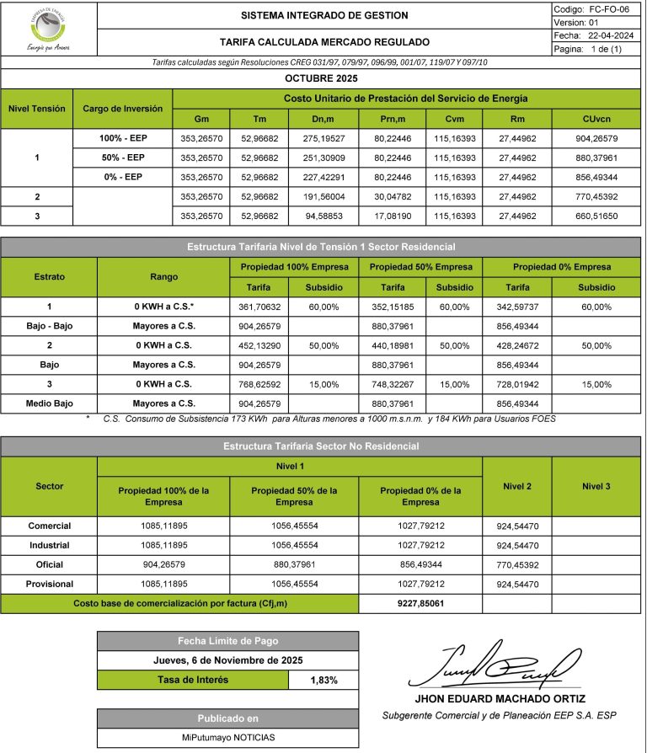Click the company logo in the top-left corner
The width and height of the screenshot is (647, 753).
(x=49, y=28)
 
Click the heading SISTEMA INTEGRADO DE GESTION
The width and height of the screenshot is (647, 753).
(x=324, y=15)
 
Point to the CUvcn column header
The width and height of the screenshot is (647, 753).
(x=597, y=118)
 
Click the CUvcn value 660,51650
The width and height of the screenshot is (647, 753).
(x=597, y=216)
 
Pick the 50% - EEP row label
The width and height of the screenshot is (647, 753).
(x=122, y=158)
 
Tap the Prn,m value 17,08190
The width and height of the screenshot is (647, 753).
(x=391, y=216)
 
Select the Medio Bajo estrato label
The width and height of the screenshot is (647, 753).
(x=49, y=403)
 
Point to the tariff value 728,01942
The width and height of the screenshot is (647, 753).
(x=513, y=384)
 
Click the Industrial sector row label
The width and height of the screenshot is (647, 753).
(x=49, y=545)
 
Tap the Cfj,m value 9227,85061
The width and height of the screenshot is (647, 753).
(x=420, y=603)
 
